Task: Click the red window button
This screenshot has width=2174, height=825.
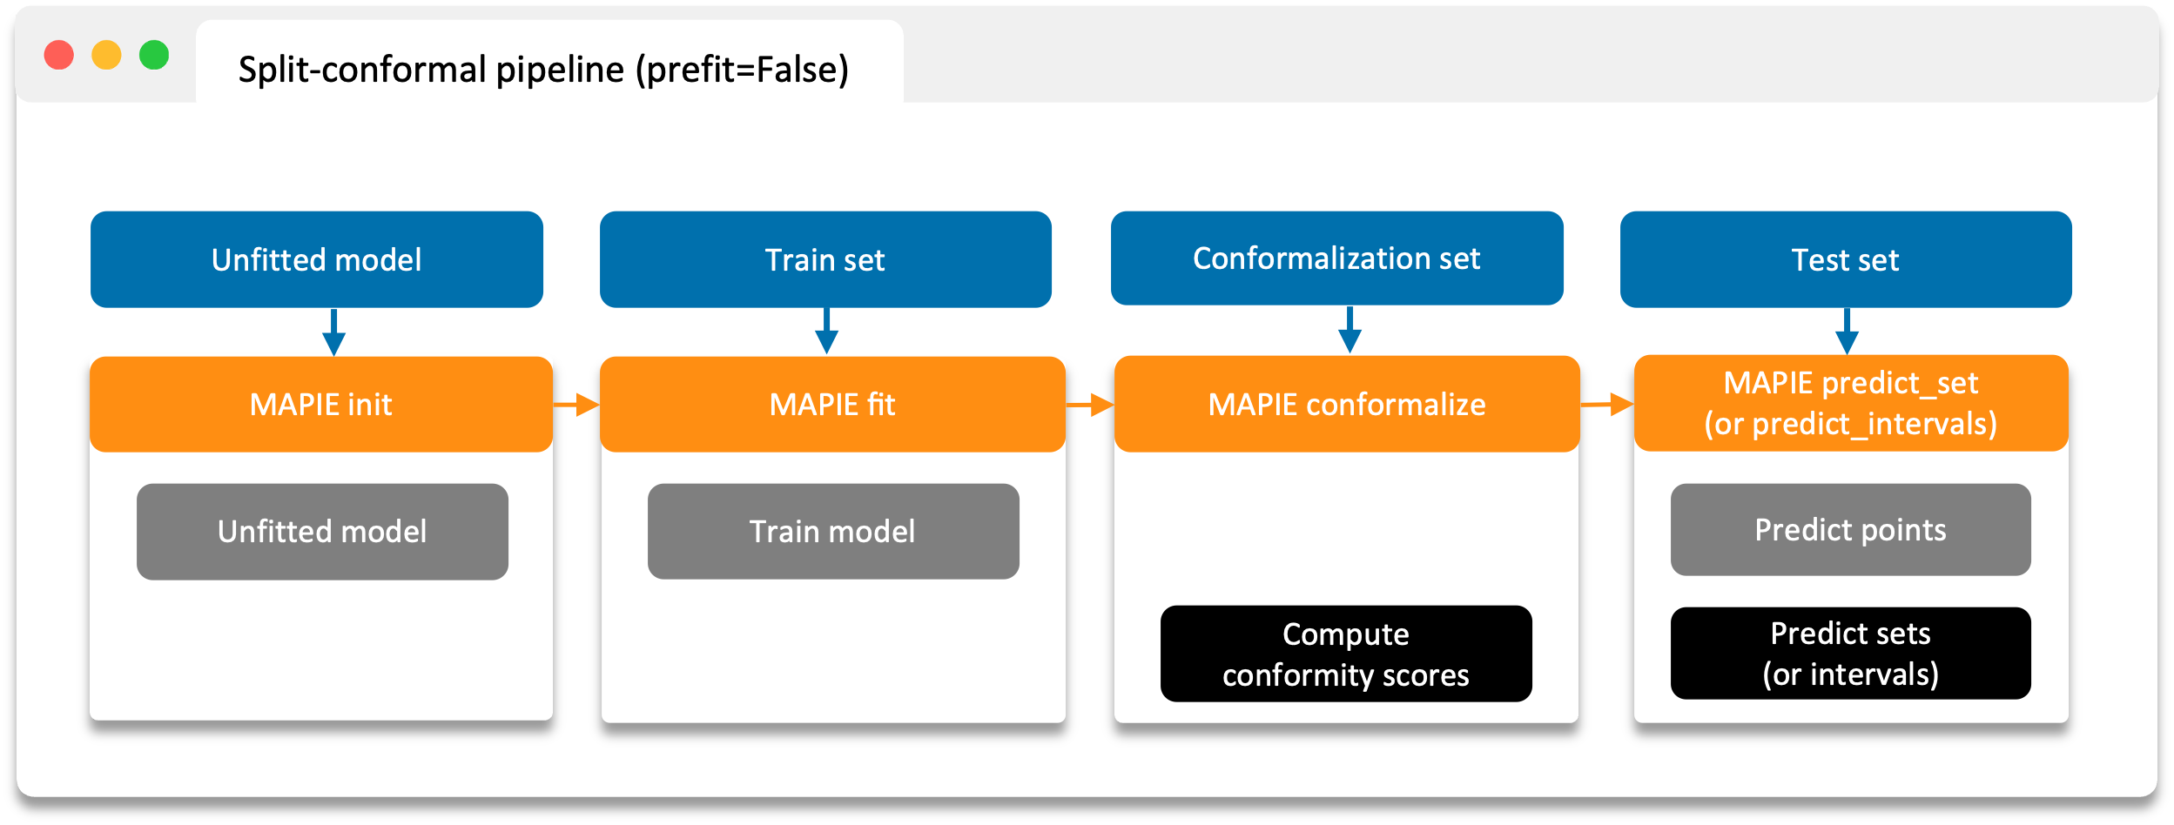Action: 59,55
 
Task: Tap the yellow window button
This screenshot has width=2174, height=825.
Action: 107,55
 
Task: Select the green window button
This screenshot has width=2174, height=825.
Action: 154,55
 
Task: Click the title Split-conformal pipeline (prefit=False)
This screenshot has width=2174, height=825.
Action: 543,70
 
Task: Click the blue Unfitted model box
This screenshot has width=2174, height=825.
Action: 317,259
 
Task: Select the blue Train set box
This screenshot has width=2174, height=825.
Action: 825,259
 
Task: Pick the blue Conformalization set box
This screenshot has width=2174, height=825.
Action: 1336,258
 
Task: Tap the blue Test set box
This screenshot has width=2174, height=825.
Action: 1846,259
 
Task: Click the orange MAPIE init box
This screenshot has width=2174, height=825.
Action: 321,405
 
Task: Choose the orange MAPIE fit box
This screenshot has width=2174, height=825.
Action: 832,405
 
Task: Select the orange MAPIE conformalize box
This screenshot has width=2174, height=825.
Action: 1347,405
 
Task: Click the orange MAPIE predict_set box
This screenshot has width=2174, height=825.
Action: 1851,403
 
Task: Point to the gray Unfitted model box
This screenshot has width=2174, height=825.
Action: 322,532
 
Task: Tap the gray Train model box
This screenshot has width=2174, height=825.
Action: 833,532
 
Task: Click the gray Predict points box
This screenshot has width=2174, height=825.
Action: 1850,530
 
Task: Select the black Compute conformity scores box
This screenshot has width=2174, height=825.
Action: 1346,654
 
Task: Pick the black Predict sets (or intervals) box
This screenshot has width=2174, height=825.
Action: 1850,654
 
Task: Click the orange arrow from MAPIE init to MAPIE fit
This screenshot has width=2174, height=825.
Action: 576,405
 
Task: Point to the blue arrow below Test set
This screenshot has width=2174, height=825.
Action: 1847,332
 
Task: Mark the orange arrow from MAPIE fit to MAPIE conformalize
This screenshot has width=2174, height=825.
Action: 1090,405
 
